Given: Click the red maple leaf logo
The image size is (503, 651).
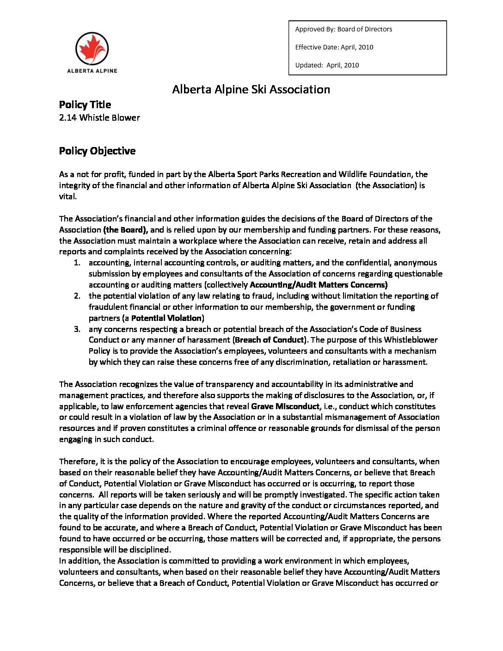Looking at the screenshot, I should (92, 49).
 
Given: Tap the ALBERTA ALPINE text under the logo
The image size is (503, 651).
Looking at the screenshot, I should (92, 71).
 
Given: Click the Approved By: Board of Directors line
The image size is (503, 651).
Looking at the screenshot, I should (344, 29).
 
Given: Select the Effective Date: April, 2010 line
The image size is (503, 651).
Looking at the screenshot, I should (334, 47).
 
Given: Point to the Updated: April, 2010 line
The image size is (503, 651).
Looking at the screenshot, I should (327, 65).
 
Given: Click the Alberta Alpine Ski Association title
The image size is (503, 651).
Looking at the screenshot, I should (251, 89).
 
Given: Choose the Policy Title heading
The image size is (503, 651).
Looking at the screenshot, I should (85, 104).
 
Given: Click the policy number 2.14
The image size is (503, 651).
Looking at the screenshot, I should (68, 117).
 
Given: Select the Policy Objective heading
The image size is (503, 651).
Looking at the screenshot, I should (97, 151).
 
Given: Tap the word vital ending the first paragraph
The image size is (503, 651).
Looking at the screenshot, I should (67, 197).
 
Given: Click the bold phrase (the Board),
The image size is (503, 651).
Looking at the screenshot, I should (125, 230).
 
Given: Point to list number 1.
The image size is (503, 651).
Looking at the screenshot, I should (77, 263).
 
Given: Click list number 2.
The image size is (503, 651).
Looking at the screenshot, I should (77, 296).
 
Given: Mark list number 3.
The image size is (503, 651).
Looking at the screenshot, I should (77, 329).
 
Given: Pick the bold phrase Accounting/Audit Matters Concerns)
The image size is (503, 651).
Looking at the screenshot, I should (319, 285).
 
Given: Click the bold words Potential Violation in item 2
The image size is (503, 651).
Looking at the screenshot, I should (166, 318).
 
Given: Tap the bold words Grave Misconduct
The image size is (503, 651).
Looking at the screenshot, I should (285, 406).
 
